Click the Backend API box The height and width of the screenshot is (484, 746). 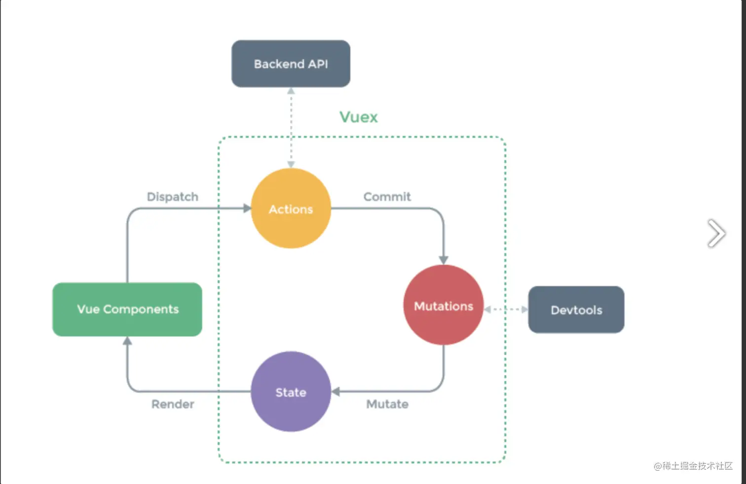291,64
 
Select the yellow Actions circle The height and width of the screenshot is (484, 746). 291,209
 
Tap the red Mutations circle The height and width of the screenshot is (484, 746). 443,305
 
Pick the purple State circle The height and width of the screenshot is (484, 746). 291,392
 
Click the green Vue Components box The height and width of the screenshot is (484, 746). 127,309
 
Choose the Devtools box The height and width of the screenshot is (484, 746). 576,310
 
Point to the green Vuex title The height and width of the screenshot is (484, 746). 358,117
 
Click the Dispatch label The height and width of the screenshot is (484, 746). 172,197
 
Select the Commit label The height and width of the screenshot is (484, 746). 387,197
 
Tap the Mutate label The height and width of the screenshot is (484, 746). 387,404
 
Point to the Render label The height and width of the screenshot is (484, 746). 172,404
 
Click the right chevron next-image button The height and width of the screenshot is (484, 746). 716,233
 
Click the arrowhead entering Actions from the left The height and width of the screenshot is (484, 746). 247,209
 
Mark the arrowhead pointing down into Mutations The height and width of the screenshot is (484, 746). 443,260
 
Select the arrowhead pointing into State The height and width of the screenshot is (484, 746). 336,392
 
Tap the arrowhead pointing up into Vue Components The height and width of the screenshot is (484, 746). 127,341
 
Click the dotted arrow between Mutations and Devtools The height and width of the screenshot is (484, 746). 506,309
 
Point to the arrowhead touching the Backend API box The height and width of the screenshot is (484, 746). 291,91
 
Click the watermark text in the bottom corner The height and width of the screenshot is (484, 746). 693,466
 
